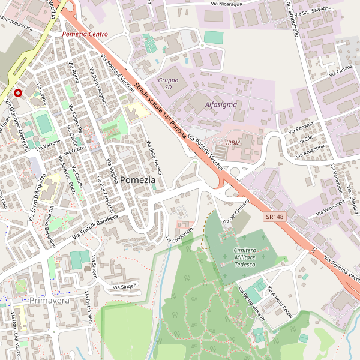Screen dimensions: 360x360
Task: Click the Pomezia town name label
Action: pyautogui.click(x=137, y=180)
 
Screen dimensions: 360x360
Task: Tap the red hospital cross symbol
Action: pyautogui.click(x=18, y=93)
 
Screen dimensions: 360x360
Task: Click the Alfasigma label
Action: pyautogui.click(x=221, y=104)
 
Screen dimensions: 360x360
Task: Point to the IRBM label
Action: pyautogui.click(x=233, y=142)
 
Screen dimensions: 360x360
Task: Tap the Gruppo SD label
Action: pyautogui.click(x=168, y=83)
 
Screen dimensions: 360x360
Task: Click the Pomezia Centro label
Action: pyautogui.click(x=85, y=34)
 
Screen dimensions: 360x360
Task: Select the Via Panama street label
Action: pyautogui.click(x=301, y=128)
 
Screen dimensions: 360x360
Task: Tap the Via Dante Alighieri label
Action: pyautogui.click(x=97, y=86)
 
